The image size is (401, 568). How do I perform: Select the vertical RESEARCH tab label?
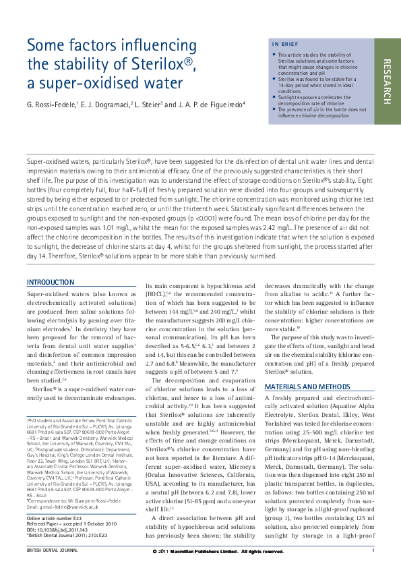(x=387, y=81)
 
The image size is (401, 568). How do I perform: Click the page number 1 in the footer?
(x=373, y=551)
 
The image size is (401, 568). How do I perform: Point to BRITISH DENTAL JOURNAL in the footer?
(x=52, y=551)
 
